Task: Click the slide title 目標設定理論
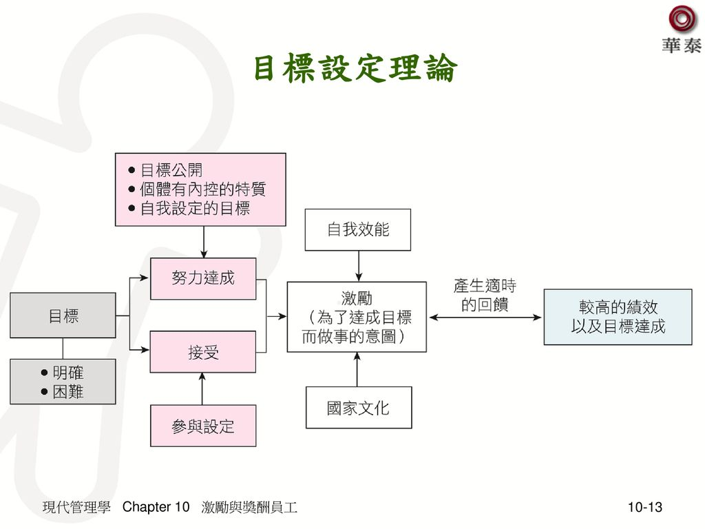point(355,69)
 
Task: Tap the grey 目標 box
point(63,315)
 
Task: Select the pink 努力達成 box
point(203,278)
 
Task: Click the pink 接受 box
point(203,352)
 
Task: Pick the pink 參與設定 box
point(203,426)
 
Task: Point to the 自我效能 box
point(358,229)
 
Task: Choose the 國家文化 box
point(358,408)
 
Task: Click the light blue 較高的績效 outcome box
point(618,317)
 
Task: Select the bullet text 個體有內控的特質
point(202,189)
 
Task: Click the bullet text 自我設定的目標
point(195,208)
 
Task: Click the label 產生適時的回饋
point(485,295)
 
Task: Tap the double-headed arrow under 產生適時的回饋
point(485,318)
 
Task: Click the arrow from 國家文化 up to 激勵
point(358,369)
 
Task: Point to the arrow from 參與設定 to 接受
point(202,388)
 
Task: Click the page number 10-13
point(644,508)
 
